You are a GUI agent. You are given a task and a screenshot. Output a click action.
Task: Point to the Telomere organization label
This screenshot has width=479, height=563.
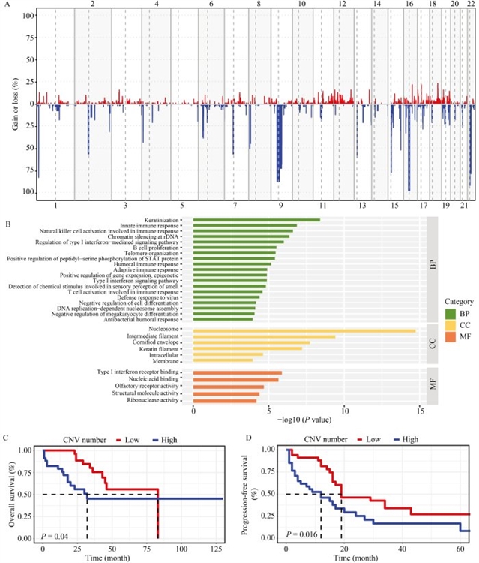pos(157,253)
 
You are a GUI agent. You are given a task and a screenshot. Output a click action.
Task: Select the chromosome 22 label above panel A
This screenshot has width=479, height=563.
pos(470,5)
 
